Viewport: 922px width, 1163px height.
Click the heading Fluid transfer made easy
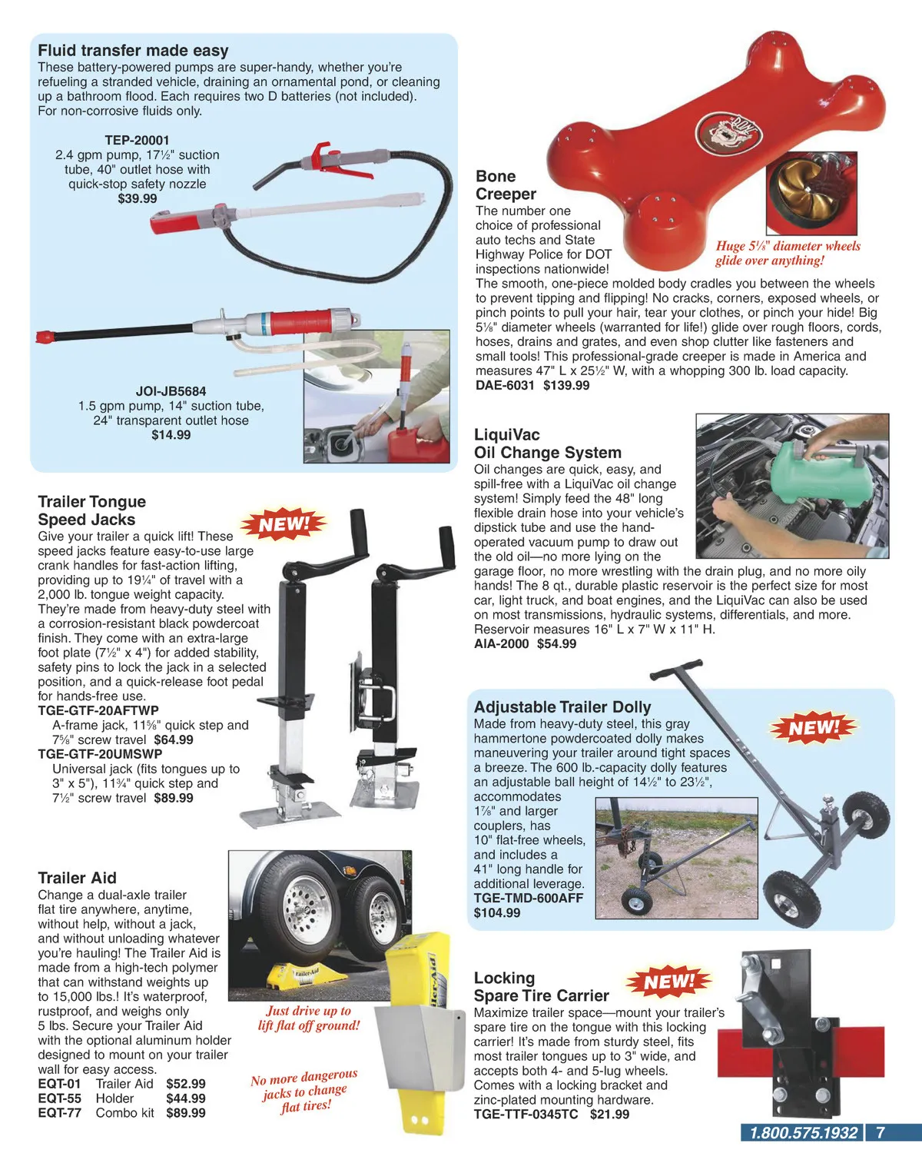[133, 51]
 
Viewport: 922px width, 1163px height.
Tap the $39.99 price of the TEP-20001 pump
[138, 198]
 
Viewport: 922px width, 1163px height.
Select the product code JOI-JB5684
[171, 391]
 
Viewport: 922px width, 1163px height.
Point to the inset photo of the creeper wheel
[811, 193]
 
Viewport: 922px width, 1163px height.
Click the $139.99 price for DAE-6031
[566, 385]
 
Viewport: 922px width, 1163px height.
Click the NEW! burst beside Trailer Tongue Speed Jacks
[284, 524]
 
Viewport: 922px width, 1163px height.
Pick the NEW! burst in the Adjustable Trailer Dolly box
[814, 726]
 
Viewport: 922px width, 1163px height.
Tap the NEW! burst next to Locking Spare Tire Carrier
[668, 982]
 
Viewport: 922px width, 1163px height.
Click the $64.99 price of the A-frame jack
[174, 739]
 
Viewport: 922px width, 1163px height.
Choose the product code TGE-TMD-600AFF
[528, 898]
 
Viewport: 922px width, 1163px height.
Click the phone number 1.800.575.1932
[803, 1132]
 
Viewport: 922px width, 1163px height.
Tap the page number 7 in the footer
[880, 1132]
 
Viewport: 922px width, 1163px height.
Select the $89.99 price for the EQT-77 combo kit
[186, 1112]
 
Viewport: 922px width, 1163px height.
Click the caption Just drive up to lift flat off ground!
[309, 1018]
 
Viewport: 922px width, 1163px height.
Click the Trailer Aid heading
[77, 878]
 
